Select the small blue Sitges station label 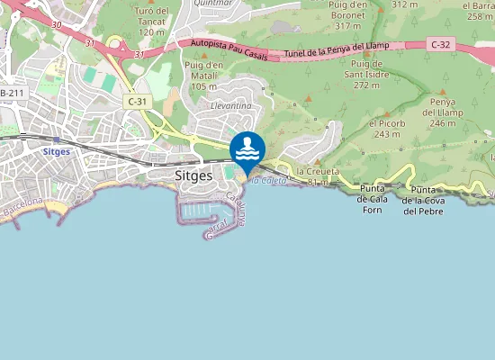click(57, 152)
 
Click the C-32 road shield click(440, 43)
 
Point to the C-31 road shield click(137, 103)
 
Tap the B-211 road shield click(11, 93)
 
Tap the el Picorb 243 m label click(384, 128)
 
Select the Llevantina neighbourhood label click(230, 105)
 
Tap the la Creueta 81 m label click(317, 175)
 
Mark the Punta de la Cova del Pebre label click(422, 201)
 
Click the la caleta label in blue click(268, 181)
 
